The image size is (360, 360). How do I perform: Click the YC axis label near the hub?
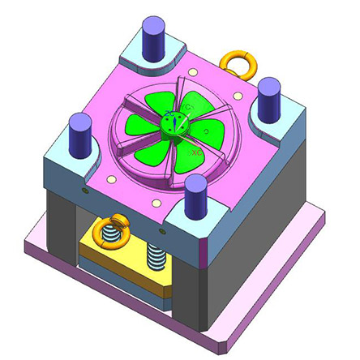coord(186,108)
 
